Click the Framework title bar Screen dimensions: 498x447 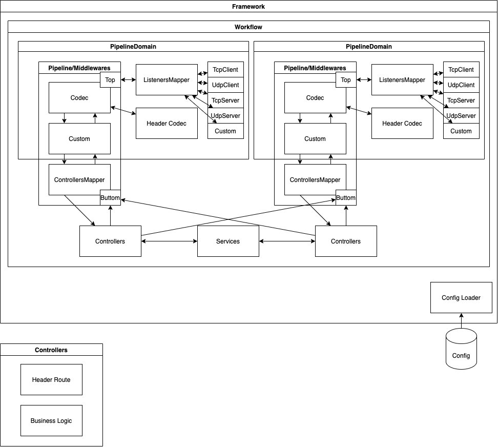click(248, 7)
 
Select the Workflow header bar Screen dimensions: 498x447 click(248, 27)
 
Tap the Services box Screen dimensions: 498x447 click(228, 241)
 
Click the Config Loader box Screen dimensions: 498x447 click(461, 297)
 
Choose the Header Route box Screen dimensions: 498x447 click(51, 379)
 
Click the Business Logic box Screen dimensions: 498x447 click(51, 420)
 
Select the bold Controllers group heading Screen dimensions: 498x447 click(51, 350)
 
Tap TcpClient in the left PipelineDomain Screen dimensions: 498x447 click(225, 70)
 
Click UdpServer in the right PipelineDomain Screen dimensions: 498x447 click(461, 116)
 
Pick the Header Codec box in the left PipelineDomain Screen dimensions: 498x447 click(167, 123)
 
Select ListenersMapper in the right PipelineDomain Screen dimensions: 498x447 click(402, 79)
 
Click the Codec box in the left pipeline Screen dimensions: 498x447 click(79, 97)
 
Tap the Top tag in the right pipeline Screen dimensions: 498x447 click(346, 79)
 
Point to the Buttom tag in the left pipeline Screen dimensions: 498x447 click(110, 198)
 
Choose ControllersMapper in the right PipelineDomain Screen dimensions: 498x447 click(315, 179)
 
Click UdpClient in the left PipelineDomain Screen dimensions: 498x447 click(225, 85)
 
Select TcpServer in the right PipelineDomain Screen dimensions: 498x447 click(461, 100)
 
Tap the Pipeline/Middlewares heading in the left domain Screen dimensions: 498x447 click(79, 68)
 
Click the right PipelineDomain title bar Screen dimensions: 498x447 click(369, 47)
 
